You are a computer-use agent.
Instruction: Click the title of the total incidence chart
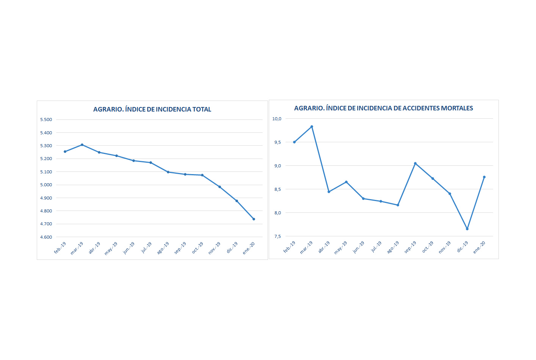click(152, 109)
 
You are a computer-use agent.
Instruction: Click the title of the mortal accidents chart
click(383, 108)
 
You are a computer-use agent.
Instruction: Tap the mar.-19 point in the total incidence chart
click(82, 145)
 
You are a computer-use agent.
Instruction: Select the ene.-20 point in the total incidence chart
click(254, 219)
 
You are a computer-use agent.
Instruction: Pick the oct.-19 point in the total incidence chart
click(202, 175)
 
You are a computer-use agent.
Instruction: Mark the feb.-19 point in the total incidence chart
click(65, 151)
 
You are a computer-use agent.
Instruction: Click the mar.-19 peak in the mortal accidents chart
click(312, 126)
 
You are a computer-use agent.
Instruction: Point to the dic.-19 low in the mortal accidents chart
click(467, 229)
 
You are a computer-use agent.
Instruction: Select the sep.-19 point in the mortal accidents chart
click(415, 163)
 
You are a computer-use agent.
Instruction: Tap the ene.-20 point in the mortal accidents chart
click(484, 177)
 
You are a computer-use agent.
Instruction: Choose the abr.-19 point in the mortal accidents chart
click(329, 192)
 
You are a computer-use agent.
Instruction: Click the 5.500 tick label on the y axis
click(46, 119)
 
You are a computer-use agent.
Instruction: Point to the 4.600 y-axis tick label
click(46, 237)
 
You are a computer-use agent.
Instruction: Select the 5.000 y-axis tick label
click(46, 185)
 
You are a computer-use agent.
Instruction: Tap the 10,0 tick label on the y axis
click(277, 119)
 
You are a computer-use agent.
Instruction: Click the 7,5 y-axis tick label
click(277, 236)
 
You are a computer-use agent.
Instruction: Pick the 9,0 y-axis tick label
click(277, 166)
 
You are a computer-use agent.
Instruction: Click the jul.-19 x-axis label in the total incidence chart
click(146, 247)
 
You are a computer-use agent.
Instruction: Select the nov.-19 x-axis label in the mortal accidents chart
click(445, 247)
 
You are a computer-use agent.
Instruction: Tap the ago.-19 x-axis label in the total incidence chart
click(163, 248)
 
